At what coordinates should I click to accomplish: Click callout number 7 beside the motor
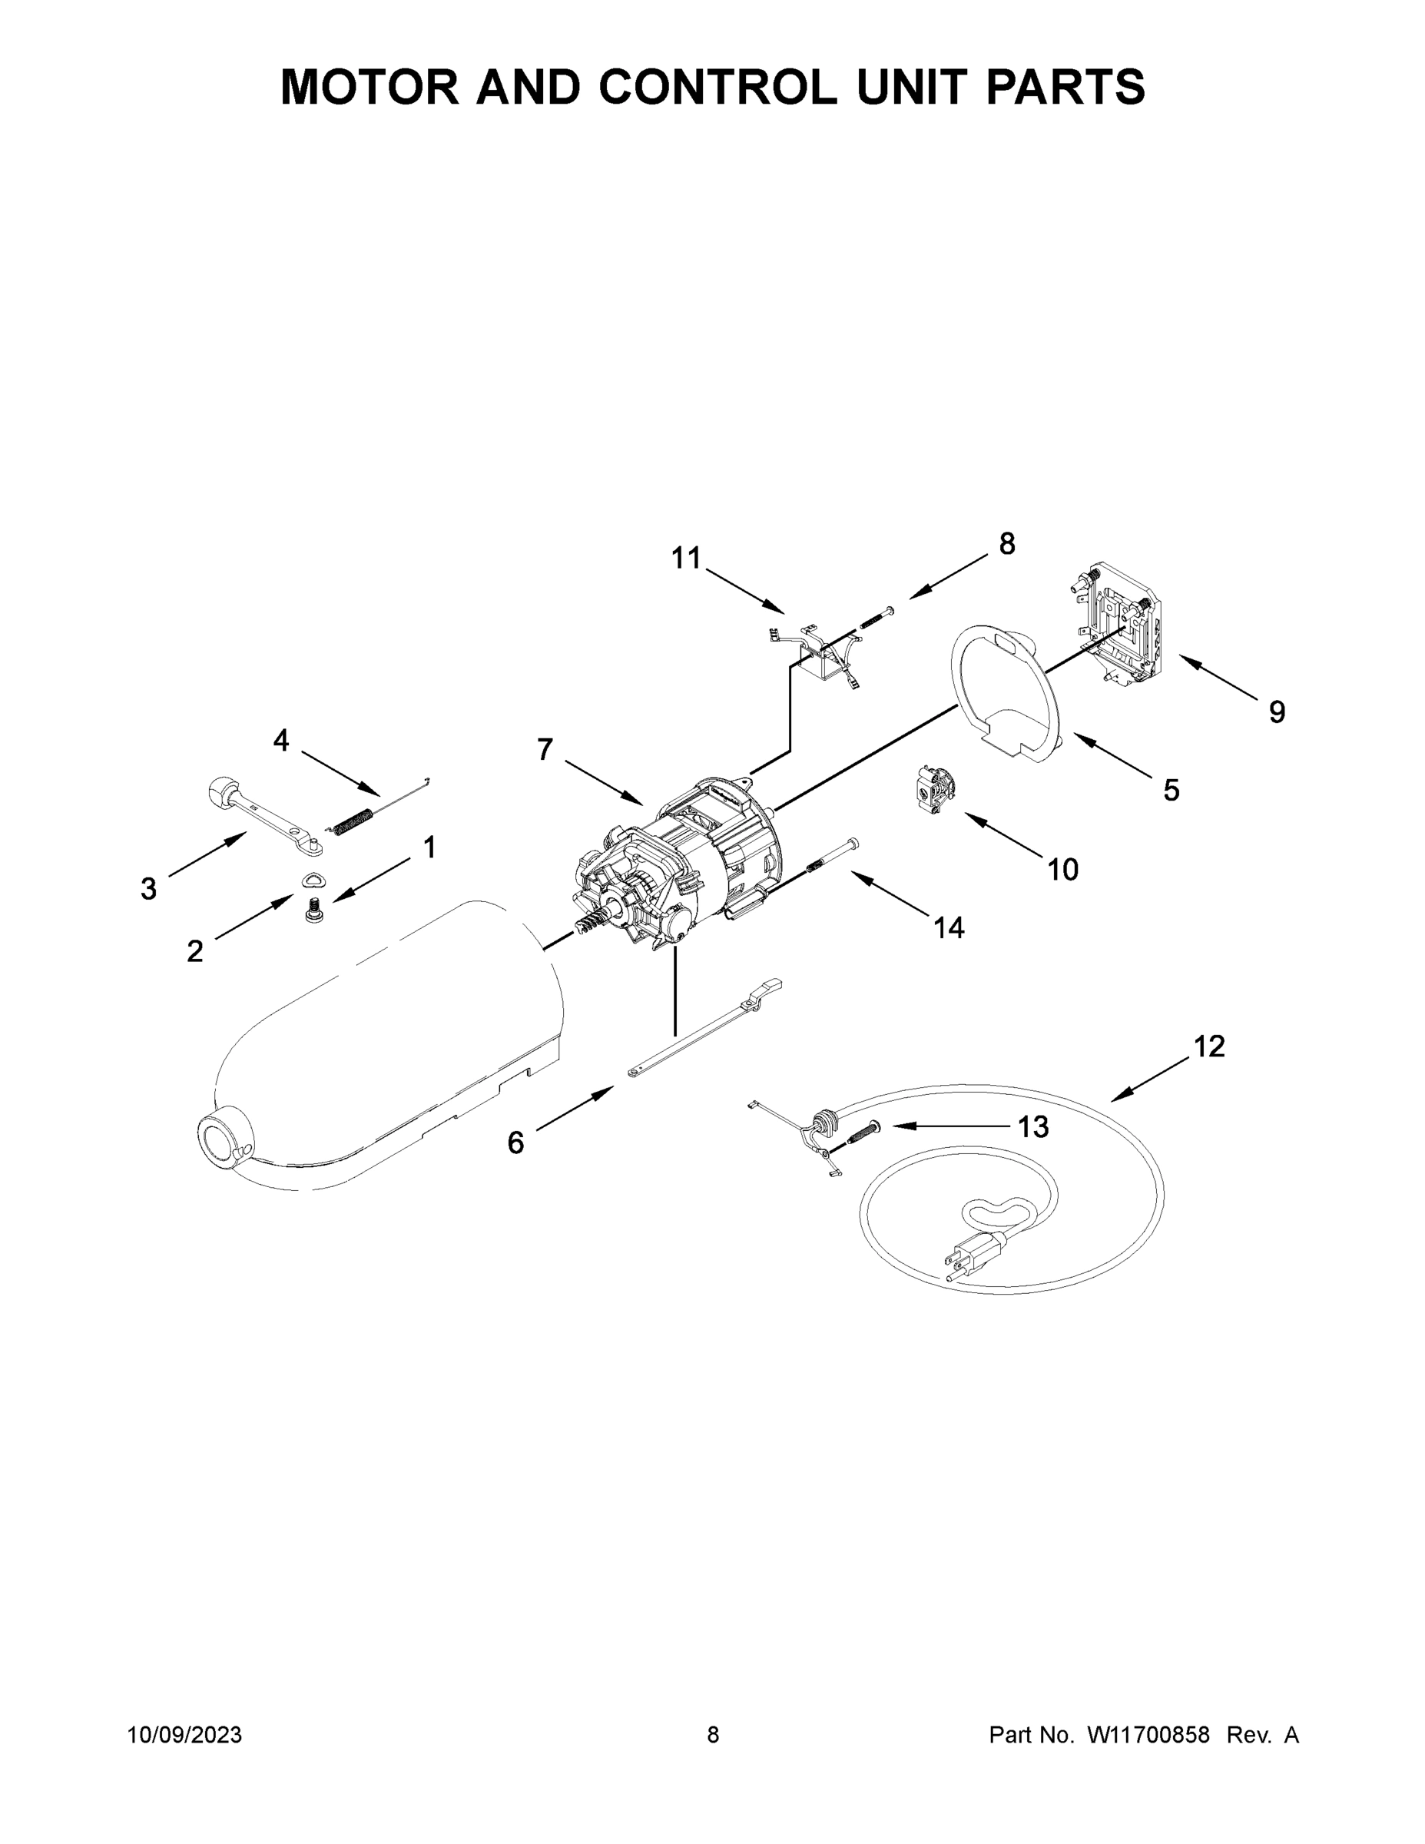(x=545, y=750)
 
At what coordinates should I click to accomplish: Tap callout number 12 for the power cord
(x=1209, y=1047)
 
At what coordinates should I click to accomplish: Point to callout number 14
(x=949, y=928)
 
